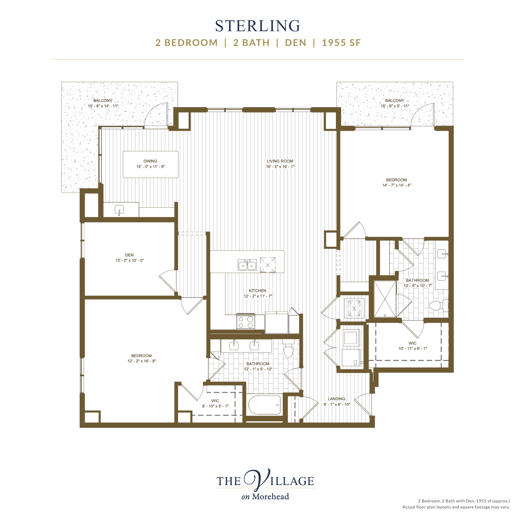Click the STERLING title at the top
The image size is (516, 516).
click(258, 26)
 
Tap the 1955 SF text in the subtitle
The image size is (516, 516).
click(341, 43)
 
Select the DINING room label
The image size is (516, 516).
click(150, 161)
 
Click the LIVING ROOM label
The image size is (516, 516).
click(280, 161)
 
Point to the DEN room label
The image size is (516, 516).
click(129, 255)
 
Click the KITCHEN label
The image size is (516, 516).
click(257, 291)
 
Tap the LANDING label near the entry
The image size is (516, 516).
click(336, 399)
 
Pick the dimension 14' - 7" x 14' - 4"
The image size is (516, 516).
click(397, 185)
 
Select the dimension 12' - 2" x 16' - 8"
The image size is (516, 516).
click(142, 361)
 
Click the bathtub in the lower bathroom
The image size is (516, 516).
click(264, 405)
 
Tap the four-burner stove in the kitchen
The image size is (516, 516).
click(246, 322)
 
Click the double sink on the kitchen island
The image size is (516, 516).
click(247, 265)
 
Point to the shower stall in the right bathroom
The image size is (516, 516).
click(385, 299)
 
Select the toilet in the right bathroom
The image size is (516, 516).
click(438, 305)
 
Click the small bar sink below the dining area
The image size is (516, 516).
click(119, 209)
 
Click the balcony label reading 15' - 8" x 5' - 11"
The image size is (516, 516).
click(395, 103)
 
